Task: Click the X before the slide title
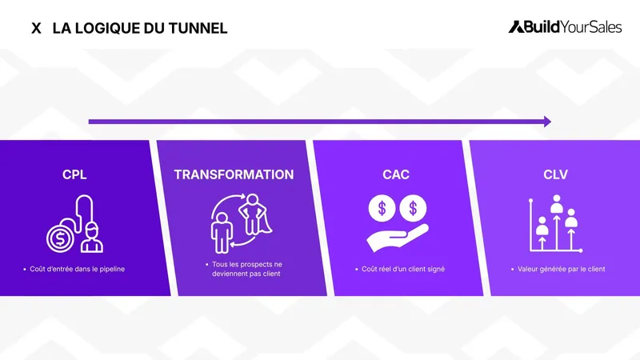[x=36, y=28]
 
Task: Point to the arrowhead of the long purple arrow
[x=547, y=122]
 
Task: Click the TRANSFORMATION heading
[x=234, y=174]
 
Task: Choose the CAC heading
[x=396, y=174]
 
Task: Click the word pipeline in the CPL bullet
[x=110, y=270]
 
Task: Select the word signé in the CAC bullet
[x=435, y=270]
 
